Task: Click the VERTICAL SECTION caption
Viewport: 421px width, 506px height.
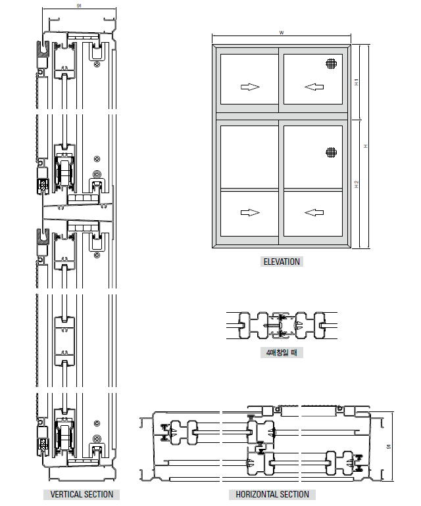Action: click(x=82, y=494)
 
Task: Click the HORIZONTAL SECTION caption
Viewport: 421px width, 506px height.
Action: click(x=272, y=494)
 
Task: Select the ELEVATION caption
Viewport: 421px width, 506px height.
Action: click(x=282, y=262)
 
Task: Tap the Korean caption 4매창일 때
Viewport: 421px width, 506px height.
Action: click(x=282, y=352)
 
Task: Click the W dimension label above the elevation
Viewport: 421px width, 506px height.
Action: click(x=282, y=33)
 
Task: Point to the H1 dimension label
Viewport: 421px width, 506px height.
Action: click(x=357, y=82)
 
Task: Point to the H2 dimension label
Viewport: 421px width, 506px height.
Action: click(x=357, y=185)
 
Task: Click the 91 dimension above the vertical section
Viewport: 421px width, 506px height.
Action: click(x=79, y=6)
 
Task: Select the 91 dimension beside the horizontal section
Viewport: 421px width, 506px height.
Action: click(x=389, y=447)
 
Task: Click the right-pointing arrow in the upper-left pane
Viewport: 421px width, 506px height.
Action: click(x=250, y=87)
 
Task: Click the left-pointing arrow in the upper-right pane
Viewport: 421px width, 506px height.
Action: click(x=314, y=87)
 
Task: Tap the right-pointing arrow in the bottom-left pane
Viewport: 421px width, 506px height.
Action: click(x=250, y=213)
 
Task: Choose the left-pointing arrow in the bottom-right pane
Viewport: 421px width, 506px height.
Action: click(x=314, y=213)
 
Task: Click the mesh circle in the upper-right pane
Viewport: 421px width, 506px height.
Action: click(x=331, y=64)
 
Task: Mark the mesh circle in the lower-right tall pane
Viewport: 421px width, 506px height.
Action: click(x=331, y=152)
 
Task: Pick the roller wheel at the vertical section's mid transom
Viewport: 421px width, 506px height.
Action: click(x=65, y=172)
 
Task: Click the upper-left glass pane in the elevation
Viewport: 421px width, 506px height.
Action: click(x=249, y=79)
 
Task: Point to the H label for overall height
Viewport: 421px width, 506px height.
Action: click(x=366, y=147)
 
